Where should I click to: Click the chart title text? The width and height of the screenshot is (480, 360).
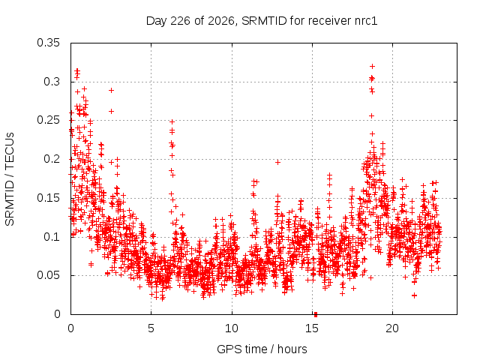(x=262, y=21)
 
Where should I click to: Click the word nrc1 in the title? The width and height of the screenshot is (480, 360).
(x=366, y=21)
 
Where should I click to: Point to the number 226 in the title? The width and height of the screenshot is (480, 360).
(x=181, y=21)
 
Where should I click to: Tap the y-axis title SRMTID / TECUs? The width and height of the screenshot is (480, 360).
(x=10, y=179)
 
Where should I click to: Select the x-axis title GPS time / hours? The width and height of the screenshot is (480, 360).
(x=262, y=349)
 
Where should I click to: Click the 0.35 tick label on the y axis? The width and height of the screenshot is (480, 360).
(x=48, y=43)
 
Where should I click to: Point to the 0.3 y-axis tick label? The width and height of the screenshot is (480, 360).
(x=52, y=82)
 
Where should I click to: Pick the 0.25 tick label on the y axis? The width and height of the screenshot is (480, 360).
(x=48, y=120)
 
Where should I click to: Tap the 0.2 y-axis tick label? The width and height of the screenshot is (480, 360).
(x=52, y=159)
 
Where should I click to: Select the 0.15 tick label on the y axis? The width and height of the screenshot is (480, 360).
(x=48, y=198)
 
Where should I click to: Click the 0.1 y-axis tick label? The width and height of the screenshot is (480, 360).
(x=52, y=237)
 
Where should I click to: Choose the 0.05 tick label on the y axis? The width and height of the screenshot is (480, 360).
(x=48, y=275)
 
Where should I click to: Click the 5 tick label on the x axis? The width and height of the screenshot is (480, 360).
(x=151, y=328)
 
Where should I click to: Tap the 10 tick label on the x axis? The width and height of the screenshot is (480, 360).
(x=232, y=328)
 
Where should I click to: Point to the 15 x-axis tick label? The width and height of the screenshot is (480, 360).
(x=312, y=328)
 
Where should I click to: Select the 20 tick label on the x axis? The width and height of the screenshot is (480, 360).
(x=392, y=328)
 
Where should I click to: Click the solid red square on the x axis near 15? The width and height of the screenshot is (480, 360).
(x=316, y=314)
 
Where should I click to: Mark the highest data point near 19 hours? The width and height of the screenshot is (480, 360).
(x=372, y=66)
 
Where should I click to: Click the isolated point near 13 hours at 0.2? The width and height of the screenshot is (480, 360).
(x=277, y=162)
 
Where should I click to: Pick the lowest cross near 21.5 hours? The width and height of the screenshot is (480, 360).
(x=414, y=295)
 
